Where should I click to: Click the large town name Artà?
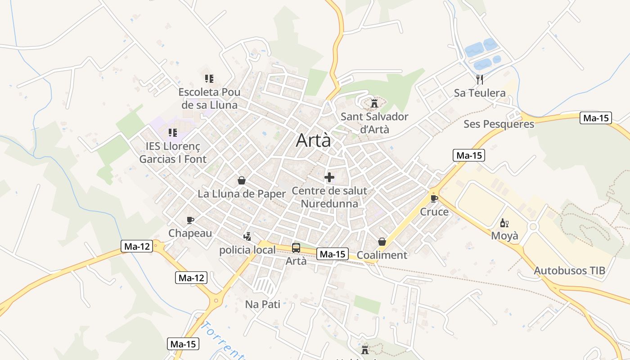click(x=313, y=141)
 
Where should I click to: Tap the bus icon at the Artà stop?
click(x=296, y=247)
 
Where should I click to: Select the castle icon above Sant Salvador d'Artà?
click(x=374, y=104)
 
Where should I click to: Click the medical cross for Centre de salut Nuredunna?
click(x=329, y=177)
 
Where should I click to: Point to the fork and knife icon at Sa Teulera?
click(x=480, y=80)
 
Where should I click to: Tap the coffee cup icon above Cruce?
click(x=434, y=198)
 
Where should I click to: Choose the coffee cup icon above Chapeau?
click(x=190, y=220)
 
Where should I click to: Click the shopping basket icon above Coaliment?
click(x=382, y=242)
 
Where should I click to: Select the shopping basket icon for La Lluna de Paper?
click(x=242, y=180)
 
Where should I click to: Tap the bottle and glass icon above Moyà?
click(x=504, y=223)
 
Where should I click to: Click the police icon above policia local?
click(x=247, y=236)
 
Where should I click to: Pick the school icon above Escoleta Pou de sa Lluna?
click(x=209, y=79)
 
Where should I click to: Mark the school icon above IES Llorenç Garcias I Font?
click(x=172, y=133)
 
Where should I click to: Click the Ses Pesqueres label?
click(x=499, y=124)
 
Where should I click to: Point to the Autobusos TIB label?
click(x=569, y=271)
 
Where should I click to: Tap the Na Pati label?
click(x=262, y=305)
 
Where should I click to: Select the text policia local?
click(x=247, y=250)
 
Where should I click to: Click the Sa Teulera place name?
click(x=480, y=93)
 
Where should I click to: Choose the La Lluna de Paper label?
click(x=242, y=194)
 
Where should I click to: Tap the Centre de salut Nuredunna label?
click(x=329, y=197)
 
